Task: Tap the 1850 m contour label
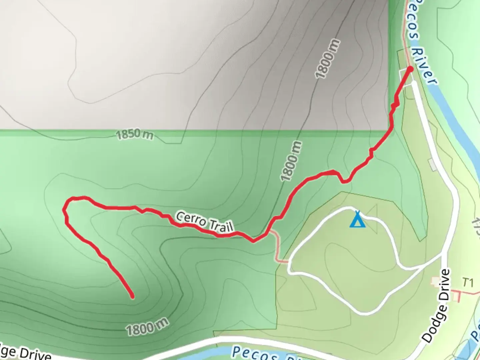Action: [x=135, y=135]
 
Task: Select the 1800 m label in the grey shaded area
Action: [x=328, y=59]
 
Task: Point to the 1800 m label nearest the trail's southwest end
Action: [x=147, y=326]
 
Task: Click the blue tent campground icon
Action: [x=358, y=220]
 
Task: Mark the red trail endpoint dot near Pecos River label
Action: [x=410, y=69]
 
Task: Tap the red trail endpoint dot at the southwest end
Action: [x=132, y=296]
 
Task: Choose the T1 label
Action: [x=468, y=283]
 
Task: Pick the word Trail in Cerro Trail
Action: [x=220, y=226]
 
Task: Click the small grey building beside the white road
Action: [x=433, y=165]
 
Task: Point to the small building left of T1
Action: [x=436, y=282]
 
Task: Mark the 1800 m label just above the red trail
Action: [x=291, y=161]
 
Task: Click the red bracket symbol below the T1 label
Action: [x=456, y=295]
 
